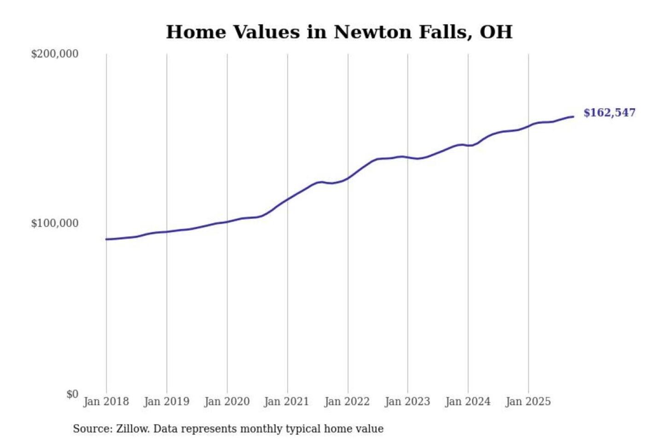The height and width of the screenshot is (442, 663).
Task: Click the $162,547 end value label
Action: [x=609, y=113]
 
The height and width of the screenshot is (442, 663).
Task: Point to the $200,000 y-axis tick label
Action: [x=55, y=54]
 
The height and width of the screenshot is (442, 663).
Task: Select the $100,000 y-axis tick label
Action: [x=55, y=223]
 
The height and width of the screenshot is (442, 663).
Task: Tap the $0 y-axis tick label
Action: [x=72, y=394]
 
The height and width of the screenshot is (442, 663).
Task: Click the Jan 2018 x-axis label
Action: [x=106, y=401]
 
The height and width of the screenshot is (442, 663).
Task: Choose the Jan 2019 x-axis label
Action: [x=166, y=401]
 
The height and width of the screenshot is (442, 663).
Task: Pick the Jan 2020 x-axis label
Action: [x=227, y=401]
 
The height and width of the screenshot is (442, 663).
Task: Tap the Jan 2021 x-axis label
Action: [x=286, y=401]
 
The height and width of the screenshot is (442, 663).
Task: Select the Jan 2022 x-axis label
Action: [x=347, y=401]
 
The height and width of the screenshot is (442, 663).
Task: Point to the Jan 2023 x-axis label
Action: [x=407, y=401]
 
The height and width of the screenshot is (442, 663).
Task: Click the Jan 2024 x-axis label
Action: [x=467, y=401]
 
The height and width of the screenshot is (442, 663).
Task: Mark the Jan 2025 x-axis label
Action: [x=528, y=401]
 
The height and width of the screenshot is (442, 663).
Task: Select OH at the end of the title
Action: [x=496, y=32]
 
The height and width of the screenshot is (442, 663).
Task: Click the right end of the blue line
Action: [x=573, y=116]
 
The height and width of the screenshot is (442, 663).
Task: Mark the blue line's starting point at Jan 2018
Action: [x=106, y=239]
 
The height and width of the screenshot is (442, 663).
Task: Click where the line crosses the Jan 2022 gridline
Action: [x=348, y=178]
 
